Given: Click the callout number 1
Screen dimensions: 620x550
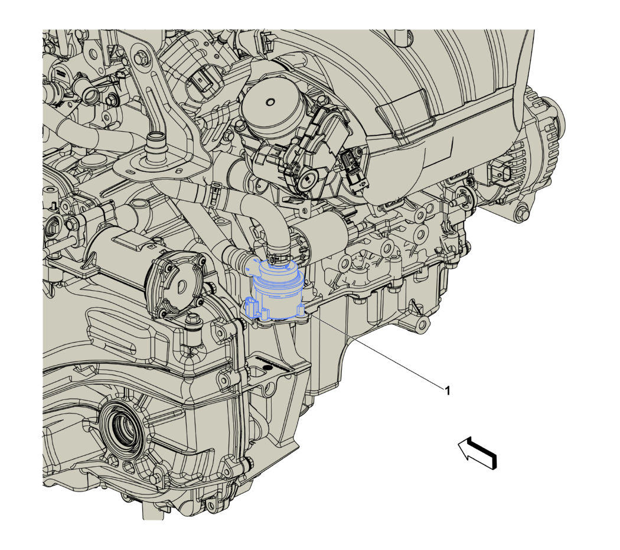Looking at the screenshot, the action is pyautogui.click(x=448, y=391).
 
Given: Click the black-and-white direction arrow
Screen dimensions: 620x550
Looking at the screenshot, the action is pyautogui.click(x=477, y=452).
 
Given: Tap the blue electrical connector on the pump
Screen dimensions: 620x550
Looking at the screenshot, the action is pyautogui.click(x=252, y=307).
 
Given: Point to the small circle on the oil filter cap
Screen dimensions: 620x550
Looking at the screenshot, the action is pyautogui.click(x=270, y=102).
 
